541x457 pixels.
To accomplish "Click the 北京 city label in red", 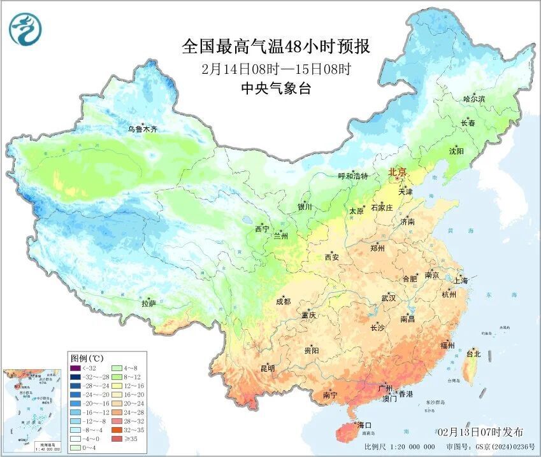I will pos(398,171).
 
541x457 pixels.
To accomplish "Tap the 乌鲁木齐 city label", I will pos(142,129).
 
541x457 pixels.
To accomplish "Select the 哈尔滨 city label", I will pos(474,99).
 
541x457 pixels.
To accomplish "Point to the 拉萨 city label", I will pos(149,304).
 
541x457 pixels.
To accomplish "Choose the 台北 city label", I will pos(474,353).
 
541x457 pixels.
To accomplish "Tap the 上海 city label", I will pos(461,280).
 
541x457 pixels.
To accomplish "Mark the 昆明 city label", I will pos(268,369).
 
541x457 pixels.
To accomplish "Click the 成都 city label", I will pos(284,302).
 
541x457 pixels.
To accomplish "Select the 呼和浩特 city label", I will pos(353,176).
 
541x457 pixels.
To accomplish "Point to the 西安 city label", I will pos(332,257).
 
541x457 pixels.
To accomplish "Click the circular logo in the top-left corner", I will pos(24,29).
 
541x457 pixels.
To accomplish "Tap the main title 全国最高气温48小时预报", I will pos(275,46).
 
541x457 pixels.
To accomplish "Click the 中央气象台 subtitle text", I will pos(276,89).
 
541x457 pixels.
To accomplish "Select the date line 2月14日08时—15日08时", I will pos(276,69).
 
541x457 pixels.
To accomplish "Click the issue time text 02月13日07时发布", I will pos(480,432).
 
